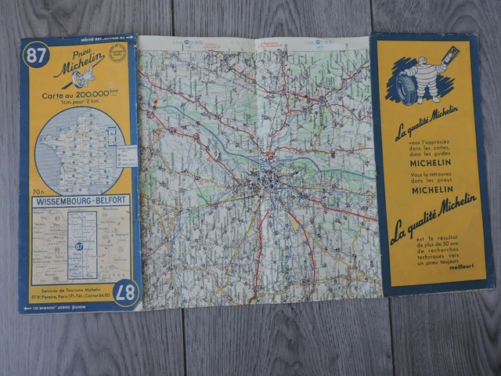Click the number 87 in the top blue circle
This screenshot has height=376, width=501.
click(34, 55)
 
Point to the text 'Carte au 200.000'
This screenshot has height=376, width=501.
click(78, 96)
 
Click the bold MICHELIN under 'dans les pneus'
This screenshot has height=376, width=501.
click(431, 190)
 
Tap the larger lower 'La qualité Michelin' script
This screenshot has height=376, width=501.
click(432, 217)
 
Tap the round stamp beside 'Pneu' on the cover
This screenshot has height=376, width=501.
click(116, 53)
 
